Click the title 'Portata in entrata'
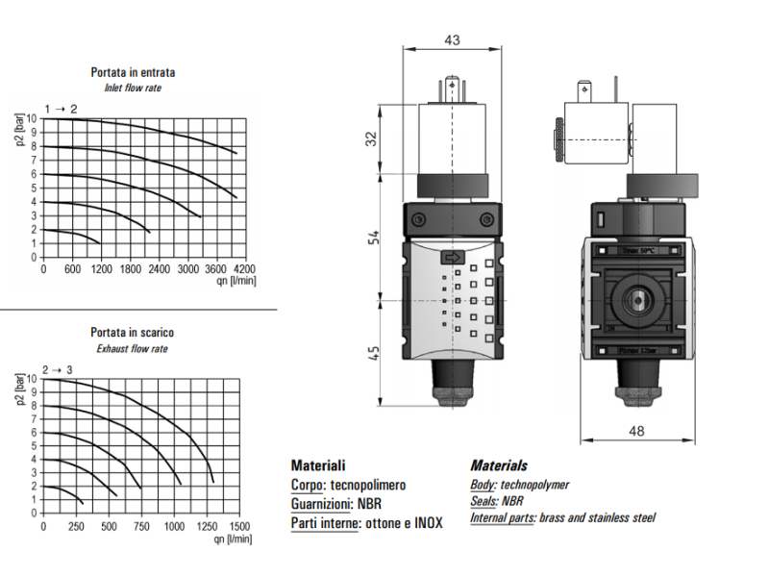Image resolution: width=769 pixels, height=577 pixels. pyautogui.click(x=133, y=72)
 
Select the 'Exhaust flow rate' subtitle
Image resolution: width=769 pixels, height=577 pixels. pyautogui.click(x=133, y=349)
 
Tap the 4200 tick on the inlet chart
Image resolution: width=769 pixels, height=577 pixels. pyautogui.click(x=245, y=269)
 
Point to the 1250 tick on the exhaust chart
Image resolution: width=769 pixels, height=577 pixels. pyautogui.click(x=207, y=527)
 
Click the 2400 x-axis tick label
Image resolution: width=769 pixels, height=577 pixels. pyautogui.click(x=159, y=269)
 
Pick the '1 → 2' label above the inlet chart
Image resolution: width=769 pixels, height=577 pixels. pyautogui.click(x=61, y=109)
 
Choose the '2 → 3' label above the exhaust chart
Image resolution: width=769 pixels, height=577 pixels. pyautogui.click(x=58, y=369)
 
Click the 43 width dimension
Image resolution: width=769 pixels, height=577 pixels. pyautogui.click(x=453, y=40)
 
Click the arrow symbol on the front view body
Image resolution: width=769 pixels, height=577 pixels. pyautogui.click(x=453, y=258)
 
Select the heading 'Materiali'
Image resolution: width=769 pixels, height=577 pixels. pyautogui.click(x=317, y=465)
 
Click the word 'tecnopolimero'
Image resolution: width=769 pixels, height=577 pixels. pyautogui.click(x=370, y=486)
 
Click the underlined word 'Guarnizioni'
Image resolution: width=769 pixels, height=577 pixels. pyautogui.click(x=321, y=503)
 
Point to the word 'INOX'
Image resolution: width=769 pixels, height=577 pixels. pyautogui.click(x=427, y=523)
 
